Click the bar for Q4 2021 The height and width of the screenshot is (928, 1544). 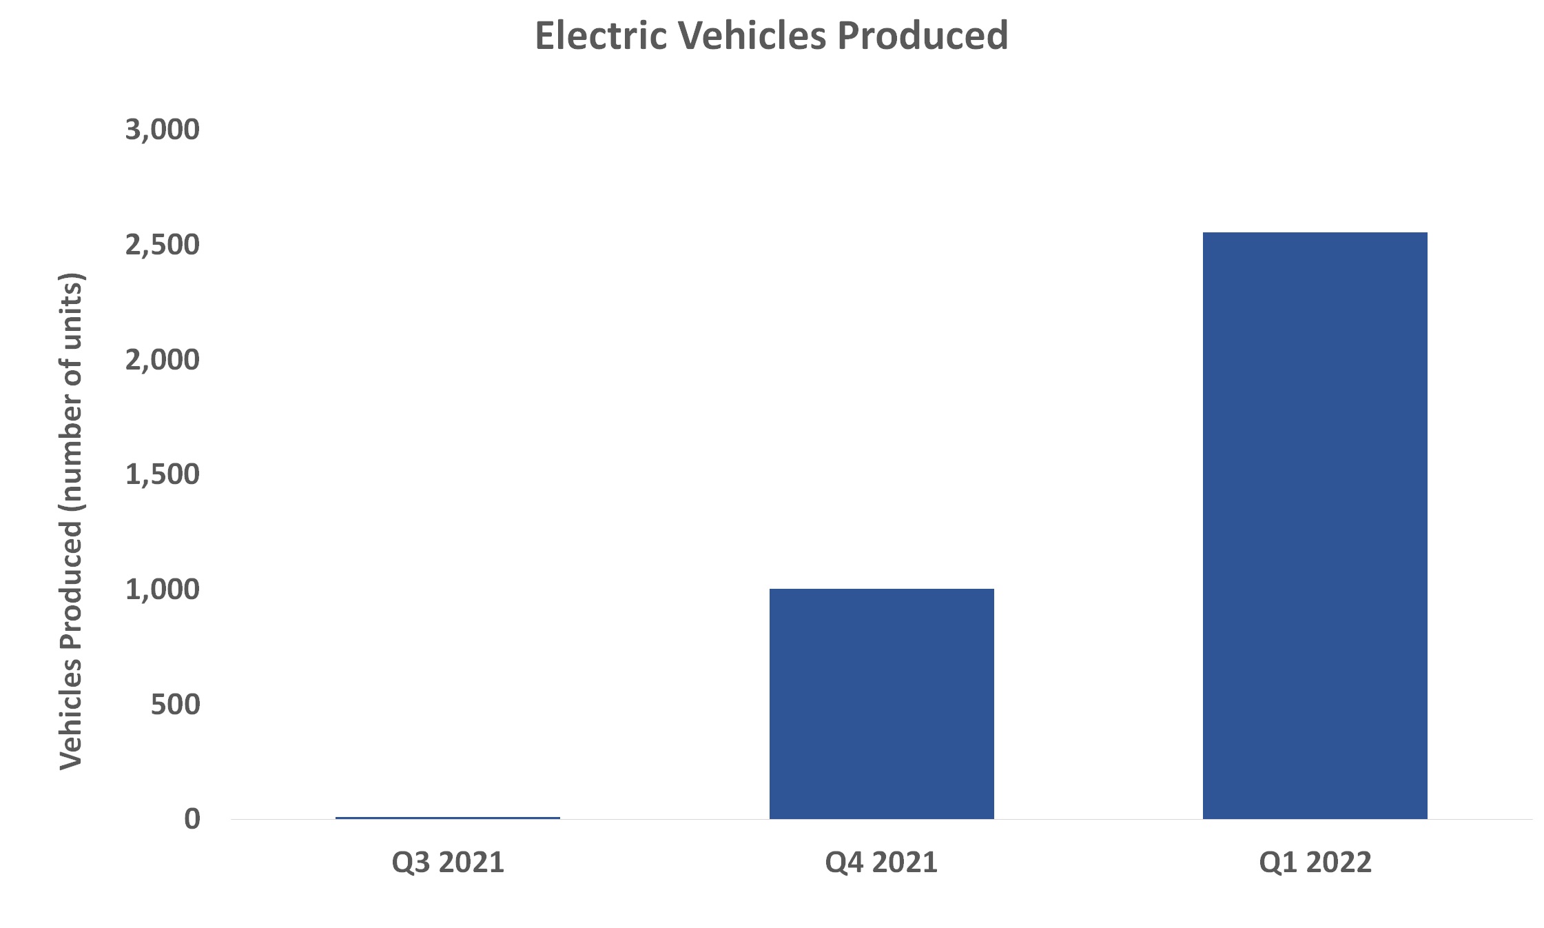click(881, 703)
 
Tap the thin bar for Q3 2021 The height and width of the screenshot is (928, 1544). click(448, 818)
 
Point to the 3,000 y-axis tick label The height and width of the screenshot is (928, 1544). click(163, 130)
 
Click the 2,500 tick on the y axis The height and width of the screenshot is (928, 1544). click(163, 245)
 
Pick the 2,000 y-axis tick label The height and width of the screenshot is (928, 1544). click(163, 360)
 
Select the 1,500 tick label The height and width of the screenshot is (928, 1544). click(163, 474)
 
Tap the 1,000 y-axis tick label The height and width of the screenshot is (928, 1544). click(163, 589)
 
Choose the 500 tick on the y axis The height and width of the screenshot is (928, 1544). click(175, 705)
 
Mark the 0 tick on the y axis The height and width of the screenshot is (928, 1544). click(192, 819)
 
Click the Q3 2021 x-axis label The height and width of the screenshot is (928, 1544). click(448, 863)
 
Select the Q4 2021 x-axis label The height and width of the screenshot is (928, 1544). click(881, 863)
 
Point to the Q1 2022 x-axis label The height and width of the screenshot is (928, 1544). click(1315, 863)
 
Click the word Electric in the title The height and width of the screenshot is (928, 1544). click(601, 36)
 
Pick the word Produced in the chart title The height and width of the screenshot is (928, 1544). click(923, 36)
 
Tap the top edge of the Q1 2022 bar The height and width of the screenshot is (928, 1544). click(1315, 233)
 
